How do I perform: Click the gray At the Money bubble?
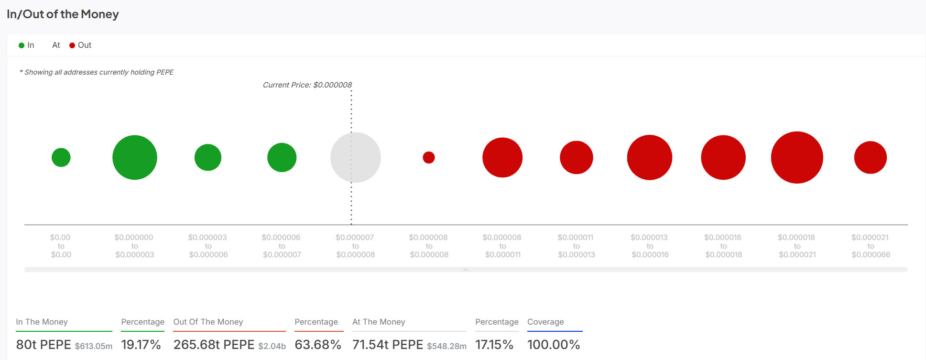[355, 157]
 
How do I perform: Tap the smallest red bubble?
[429, 157]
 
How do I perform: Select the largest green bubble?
[135, 157]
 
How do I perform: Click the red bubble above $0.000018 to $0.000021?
[797, 157]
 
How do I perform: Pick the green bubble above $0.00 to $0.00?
[61, 157]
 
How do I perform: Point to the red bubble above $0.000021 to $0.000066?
[871, 157]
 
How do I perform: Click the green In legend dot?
[22, 45]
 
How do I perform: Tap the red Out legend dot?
[72, 45]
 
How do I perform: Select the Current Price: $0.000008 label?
[307, 85]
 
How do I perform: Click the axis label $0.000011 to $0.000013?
[576, 246]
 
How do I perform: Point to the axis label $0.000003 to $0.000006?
[208, 246]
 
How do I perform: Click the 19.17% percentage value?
[141, 345]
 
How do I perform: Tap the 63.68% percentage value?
[318, 345]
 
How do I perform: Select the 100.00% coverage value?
[554, 345]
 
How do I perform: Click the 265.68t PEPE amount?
[214, 345]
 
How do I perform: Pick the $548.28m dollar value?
[447, 346]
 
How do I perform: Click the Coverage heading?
[545, 322]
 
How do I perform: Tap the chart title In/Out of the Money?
[63, 14]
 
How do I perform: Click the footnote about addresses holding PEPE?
[97, 72]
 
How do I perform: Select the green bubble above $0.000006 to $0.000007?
[282, 157]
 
